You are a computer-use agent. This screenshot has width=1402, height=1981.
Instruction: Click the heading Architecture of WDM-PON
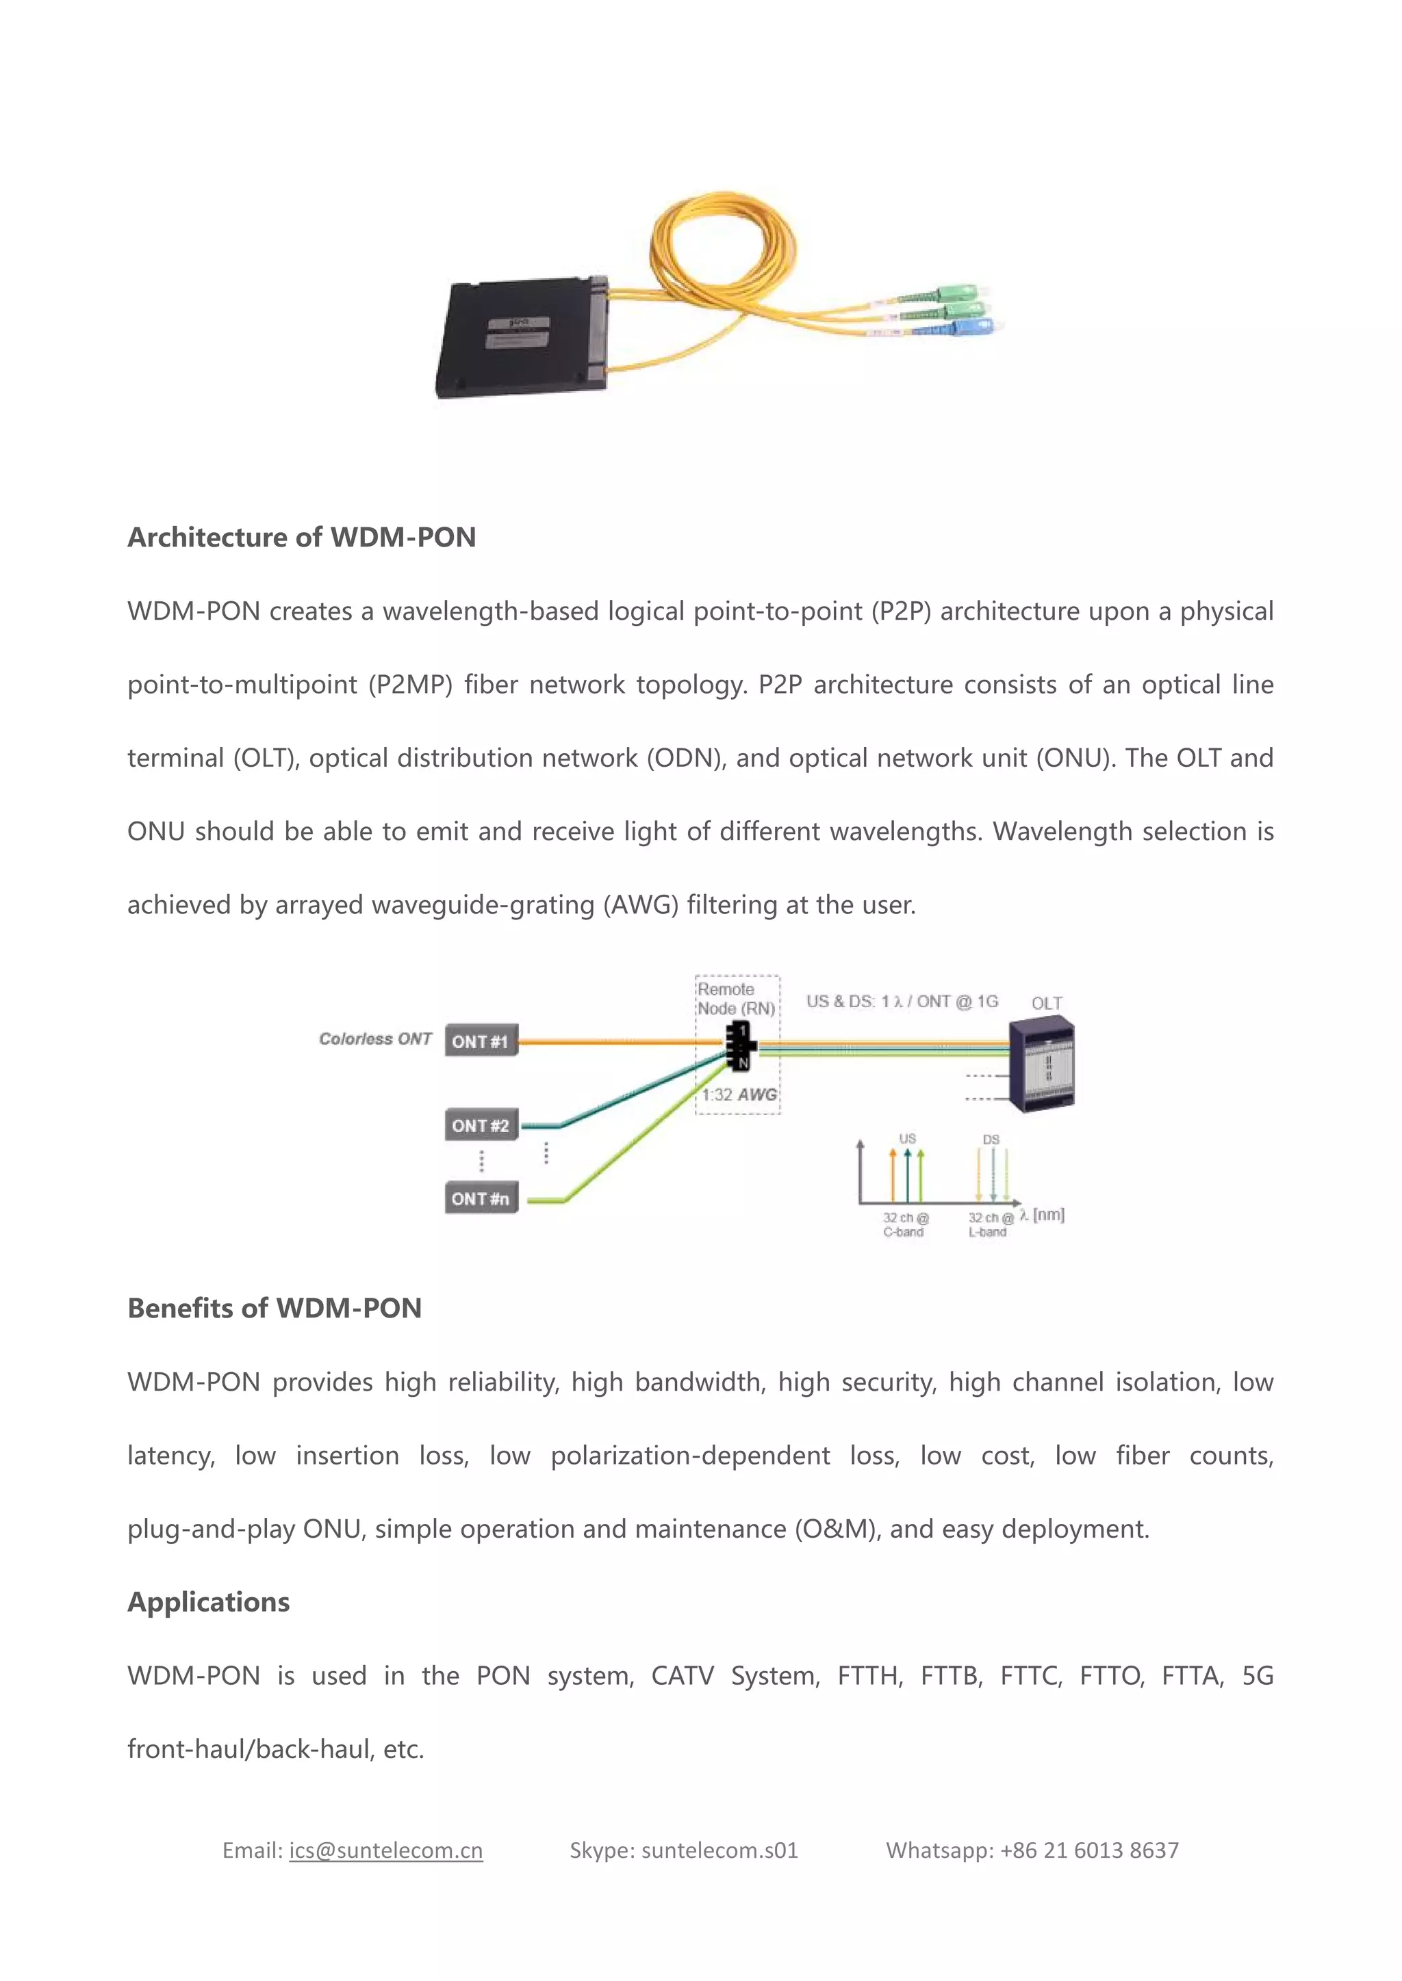click(301, 538)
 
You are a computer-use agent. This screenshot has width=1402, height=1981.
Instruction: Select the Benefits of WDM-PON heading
click(275, 1308)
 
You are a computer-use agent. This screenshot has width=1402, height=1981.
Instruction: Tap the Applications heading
click(209, 1602)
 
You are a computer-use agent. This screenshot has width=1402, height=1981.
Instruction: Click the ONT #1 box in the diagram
click(481, 1041)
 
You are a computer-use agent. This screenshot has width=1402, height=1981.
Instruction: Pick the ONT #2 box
click(481, 1125)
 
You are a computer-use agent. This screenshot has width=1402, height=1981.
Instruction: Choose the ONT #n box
click(481, 1198)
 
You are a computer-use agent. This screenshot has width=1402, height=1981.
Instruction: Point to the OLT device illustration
click(1043, 1063)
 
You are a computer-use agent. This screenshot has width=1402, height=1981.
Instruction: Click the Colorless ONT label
click(374, 1039)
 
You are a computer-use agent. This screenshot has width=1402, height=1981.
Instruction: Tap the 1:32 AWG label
click(739, 1095)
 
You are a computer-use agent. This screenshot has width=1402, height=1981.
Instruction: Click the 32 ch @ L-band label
click(989, 1225)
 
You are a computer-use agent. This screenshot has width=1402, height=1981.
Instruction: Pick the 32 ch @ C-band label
click(904, 1225)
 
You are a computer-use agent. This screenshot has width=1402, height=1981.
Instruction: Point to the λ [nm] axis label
click(1042, 1215)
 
